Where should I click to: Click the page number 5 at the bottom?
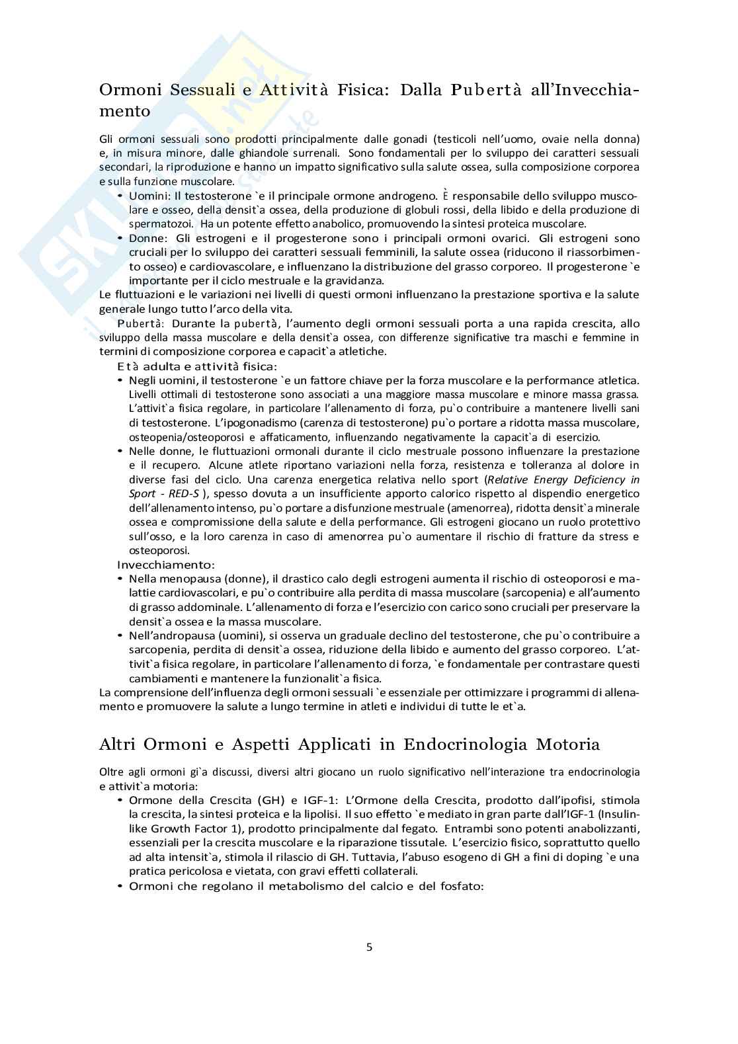(x=369, y=947)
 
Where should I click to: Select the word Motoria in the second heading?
(x=567, y=744)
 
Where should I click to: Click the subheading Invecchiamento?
(x=166, y=565)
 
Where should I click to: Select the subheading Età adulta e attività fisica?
(x=197, y=366)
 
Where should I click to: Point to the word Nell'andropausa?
(x=169, y=635)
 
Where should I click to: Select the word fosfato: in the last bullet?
(x=462, y=886)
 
